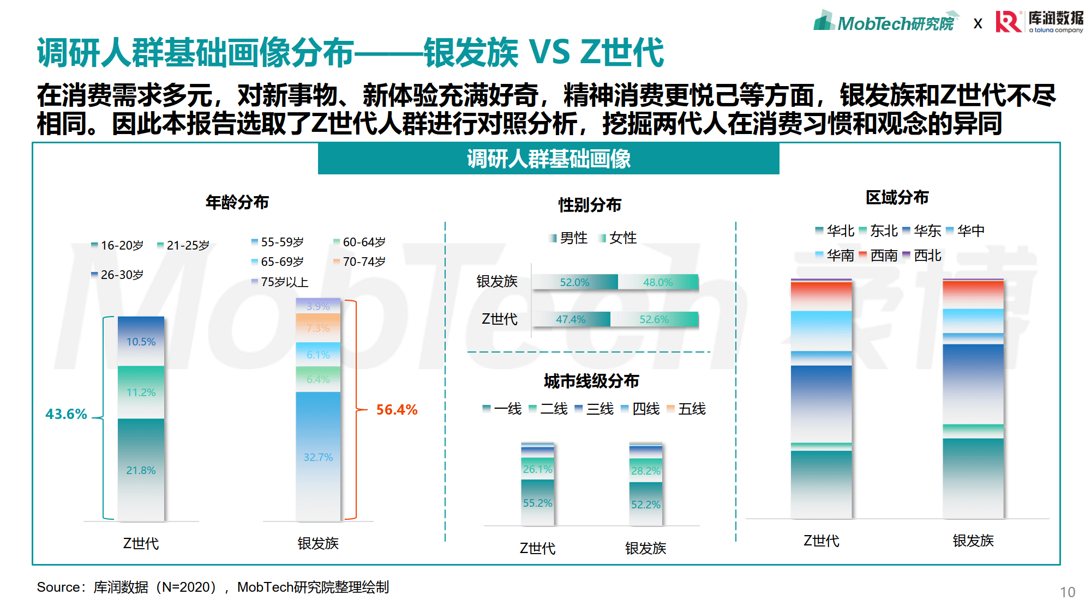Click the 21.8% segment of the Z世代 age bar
coord(141,470)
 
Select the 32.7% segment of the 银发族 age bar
coord(318,457)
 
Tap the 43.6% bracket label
coord(66,414)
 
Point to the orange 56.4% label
coord(397,410)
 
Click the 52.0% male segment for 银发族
coord(574,282)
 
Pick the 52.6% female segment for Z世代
coord(654,319)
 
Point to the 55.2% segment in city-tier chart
coord(537,503)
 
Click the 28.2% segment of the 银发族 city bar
coord(645,470)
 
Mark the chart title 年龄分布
coord(237,202)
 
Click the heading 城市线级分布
coord(591,381)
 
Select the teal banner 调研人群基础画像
coord(548,159)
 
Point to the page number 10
coord(1067,592)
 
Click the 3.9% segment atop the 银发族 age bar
coord(318,306)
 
